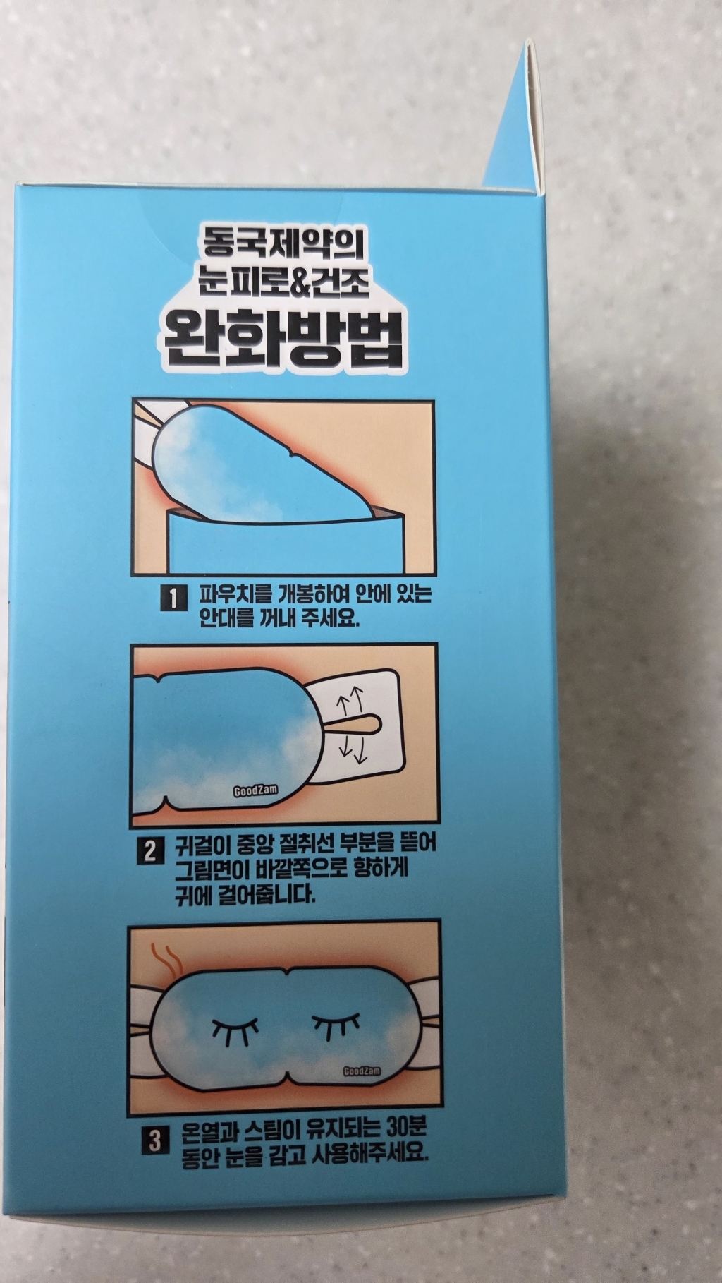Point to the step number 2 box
coord(150,851)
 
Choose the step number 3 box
coord(155,1140)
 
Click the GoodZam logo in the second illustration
coord(255,791)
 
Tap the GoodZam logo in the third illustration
coord(362,1071)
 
